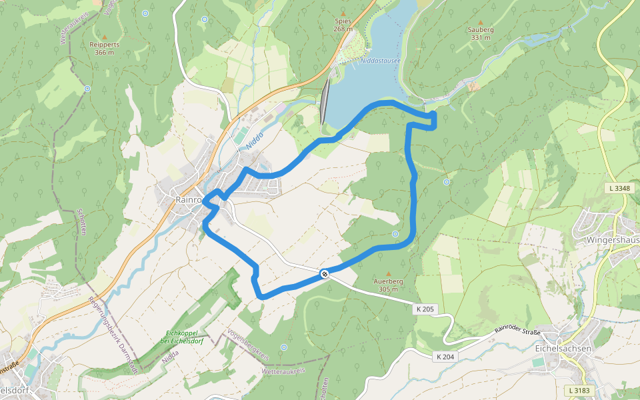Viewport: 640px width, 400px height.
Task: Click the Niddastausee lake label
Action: pyautogui.click(x=379, y=59)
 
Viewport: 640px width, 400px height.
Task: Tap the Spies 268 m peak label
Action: pyautogui.click(x=343, y=25)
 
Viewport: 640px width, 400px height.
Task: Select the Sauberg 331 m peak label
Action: pyautogui.click(x=480, y=33)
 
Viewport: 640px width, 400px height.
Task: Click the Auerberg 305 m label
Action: pyautogui.click(x=388, y=285)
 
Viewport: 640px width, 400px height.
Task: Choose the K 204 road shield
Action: pyautogui.click(x=445, y=357)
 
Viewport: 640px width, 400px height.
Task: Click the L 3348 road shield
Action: pyautogui.click(x=619, y=189)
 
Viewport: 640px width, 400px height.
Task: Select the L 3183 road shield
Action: pyautogui.click(x=579, y=389)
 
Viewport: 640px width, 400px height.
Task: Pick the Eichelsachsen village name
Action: pyautogui.click(x=563, y=348)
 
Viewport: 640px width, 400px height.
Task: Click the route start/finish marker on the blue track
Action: pyautogui.click(x=325, y=273)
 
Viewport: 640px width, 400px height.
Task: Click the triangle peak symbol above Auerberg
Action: pyautogui.click(x=388, y=273)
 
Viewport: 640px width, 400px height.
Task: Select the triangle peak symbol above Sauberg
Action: pyautogui.click(x=480, y=21)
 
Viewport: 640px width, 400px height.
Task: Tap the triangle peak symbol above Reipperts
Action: pyautogui.click(x=104, y=37)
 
